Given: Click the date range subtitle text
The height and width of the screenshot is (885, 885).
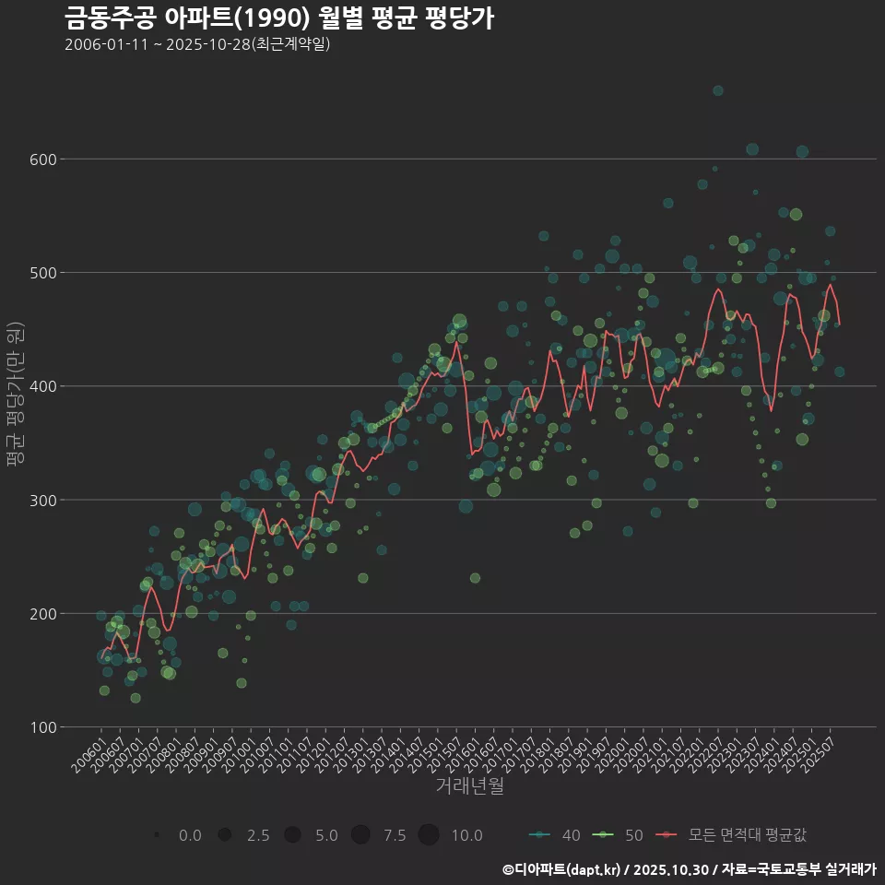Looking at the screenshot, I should tap(197, 44).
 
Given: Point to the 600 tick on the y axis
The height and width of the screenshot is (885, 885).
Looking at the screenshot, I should tap(45, 159).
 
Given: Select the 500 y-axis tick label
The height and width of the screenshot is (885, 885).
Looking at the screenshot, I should tap(45, 273).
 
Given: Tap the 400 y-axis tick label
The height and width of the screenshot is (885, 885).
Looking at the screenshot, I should tap(45, 386).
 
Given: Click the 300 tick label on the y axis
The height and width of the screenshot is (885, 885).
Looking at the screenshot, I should tap(45, 500).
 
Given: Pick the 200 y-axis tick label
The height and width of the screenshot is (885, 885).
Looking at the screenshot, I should tap(45, 613).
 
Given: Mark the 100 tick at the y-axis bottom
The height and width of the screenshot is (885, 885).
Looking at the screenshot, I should tap(45, 727).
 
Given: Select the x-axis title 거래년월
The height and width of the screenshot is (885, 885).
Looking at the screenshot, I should tap(469, 786).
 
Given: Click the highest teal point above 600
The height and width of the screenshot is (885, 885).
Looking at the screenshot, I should tap(718, 90).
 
